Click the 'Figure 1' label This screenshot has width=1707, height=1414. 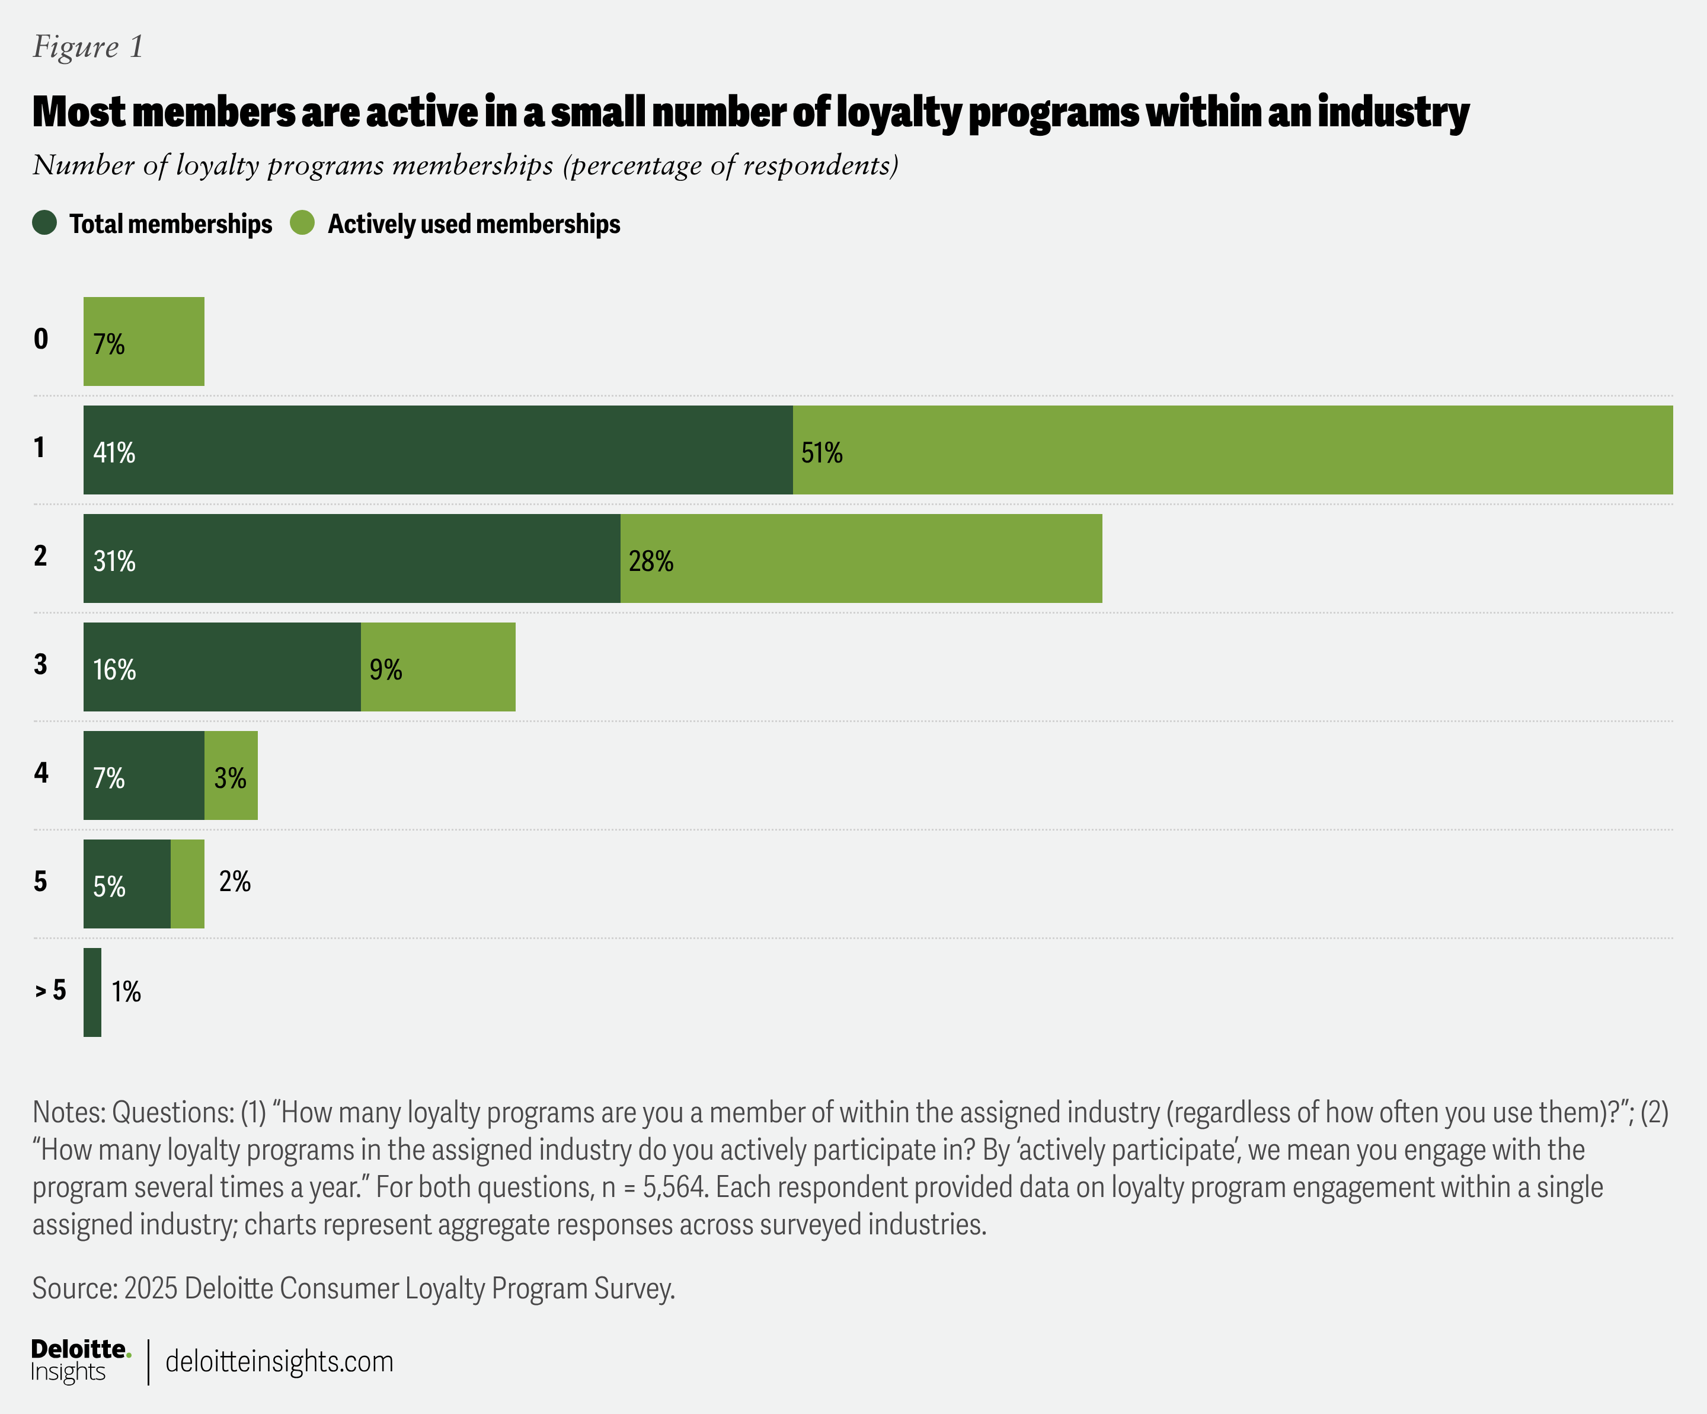tap(88, 47)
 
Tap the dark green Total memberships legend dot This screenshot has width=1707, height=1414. tap(44, 223)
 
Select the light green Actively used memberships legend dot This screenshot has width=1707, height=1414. tap(302, 223)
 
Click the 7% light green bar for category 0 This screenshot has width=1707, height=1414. tap(144, 341)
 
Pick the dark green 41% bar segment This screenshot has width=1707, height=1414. tap(437, 449)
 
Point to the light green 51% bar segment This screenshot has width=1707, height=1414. tap(1232, 449)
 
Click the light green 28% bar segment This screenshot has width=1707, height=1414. tap(861, 558)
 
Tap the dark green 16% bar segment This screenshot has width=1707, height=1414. tap(222, 667)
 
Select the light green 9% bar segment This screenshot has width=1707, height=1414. tap(438, 667)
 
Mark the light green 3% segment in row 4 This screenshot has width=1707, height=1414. tap(231, 775)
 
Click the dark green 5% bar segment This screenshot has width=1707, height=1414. tap(127, 884)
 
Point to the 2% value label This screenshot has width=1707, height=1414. tap(235, 882)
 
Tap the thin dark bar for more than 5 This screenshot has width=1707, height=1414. tap(92, 992)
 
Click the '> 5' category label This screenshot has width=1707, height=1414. tap(50, 990)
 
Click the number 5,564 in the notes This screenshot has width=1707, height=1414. tap(674, 1187)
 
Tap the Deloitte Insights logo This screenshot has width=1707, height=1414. tap(79, 1361)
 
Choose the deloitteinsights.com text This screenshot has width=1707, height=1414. tap(279, 1361)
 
